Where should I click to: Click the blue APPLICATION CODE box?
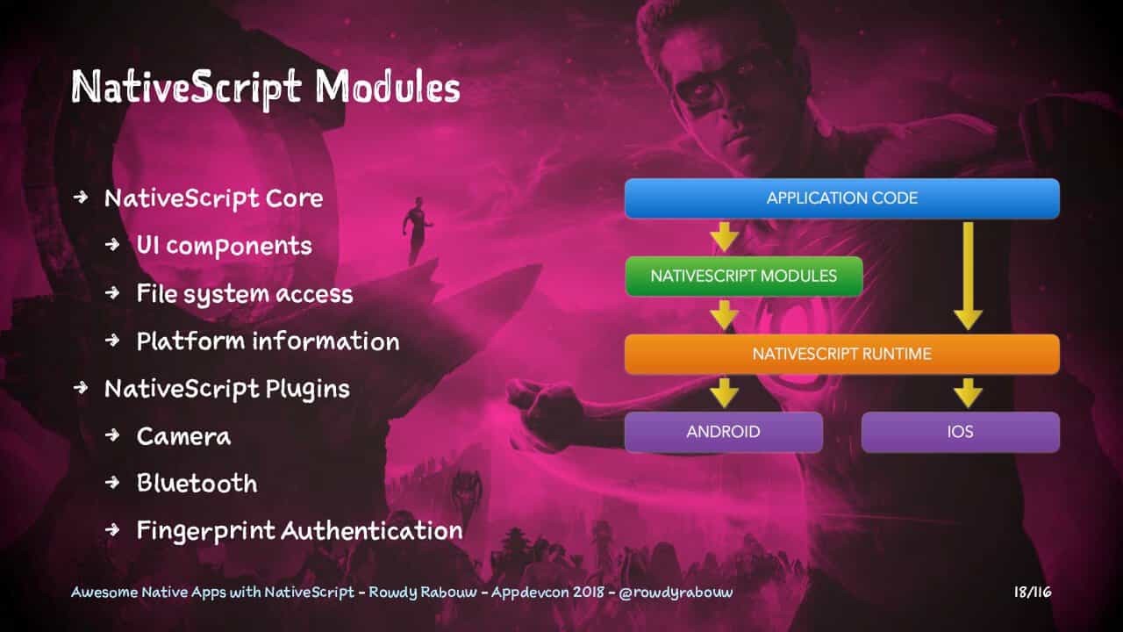pos(841,198)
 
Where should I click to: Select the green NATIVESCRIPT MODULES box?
pos(744,276)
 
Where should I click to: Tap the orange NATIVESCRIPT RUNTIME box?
pos(841,354)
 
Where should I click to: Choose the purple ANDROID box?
pos(724,432)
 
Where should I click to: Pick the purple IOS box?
pos(961,432)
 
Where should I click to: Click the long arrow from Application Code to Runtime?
pos(968,276)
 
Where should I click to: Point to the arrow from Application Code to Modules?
pos(724,237)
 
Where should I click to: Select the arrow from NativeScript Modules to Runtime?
pos(724,315)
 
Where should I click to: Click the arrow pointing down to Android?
pos(724,392)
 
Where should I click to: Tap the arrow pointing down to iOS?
pos(968,392)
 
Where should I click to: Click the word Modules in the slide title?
pos(388,87)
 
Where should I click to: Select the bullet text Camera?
pos(183,436)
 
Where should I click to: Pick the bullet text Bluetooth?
pos(197,483)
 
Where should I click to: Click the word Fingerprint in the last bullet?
pos(206,532)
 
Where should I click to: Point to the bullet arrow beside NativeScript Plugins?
pos(80,388)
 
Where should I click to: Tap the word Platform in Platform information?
pos(191,341)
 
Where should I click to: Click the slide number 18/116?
pos(1033,592)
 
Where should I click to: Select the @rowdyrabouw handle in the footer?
pos(676,592)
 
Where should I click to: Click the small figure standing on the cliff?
pos(416,230)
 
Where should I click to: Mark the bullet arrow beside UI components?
pos(113,245)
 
